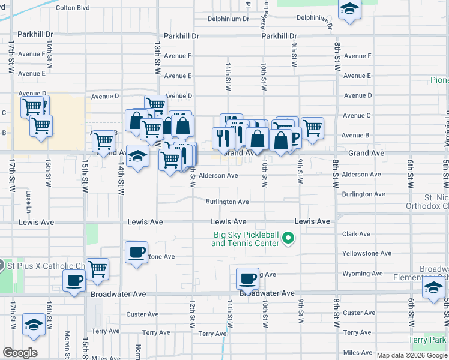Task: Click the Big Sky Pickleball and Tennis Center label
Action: (246, 239)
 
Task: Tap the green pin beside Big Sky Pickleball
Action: (288, 239)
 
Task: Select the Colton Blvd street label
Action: (72, 8)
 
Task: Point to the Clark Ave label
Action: (356, 234)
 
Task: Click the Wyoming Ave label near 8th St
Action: (362, 274)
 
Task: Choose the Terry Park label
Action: (427, 340)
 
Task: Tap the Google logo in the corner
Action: (20, 353)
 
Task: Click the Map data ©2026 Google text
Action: (412, 355)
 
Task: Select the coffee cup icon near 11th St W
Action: (247, 278)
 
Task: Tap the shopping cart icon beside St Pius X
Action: (97, 269)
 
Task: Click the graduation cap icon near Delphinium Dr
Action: (349, 10)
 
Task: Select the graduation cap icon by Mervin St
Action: (34, 325)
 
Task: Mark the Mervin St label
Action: (68, 342)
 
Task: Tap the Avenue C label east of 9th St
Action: (356, 115)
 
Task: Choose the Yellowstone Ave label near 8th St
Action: (366, 254)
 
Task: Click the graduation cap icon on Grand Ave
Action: (138, 157)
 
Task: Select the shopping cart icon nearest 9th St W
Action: (312, 128)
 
